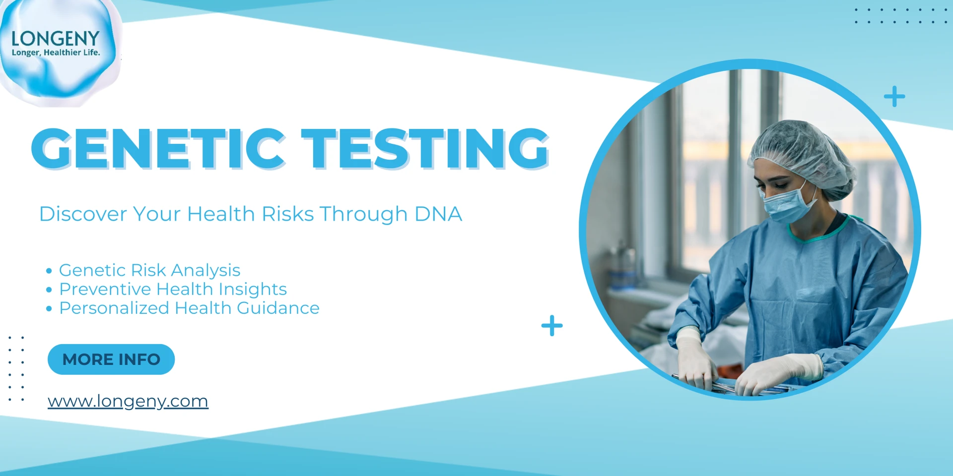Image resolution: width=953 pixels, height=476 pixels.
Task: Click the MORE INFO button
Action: coord(111,359)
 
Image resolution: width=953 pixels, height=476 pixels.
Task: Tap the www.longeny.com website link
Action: coord(128,401)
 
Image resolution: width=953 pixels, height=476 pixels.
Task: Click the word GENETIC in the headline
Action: coord(158,148)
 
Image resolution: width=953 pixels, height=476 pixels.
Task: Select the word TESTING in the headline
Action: coord(425,148)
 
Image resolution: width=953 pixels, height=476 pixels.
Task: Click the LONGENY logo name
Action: coord(56,39)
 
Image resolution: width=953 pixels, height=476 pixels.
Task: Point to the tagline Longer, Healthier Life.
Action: coord(56,53)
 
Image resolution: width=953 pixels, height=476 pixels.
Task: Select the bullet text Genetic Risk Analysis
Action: coord(149,270)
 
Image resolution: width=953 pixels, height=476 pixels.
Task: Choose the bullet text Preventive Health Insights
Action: coord(173,289)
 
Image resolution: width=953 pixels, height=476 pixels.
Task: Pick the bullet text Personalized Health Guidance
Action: coord(189,308)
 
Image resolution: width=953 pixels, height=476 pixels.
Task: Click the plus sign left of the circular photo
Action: coord(552,326)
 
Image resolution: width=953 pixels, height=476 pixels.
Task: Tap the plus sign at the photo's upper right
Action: coord(894,96)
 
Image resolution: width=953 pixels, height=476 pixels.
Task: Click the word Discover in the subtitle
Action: coord(83,214)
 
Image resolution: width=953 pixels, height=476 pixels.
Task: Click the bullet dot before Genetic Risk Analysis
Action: coord(49,271)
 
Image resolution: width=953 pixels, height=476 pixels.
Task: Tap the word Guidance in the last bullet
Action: coord(278,308)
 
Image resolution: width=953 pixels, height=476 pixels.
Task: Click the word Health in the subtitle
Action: coord(221,214)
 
